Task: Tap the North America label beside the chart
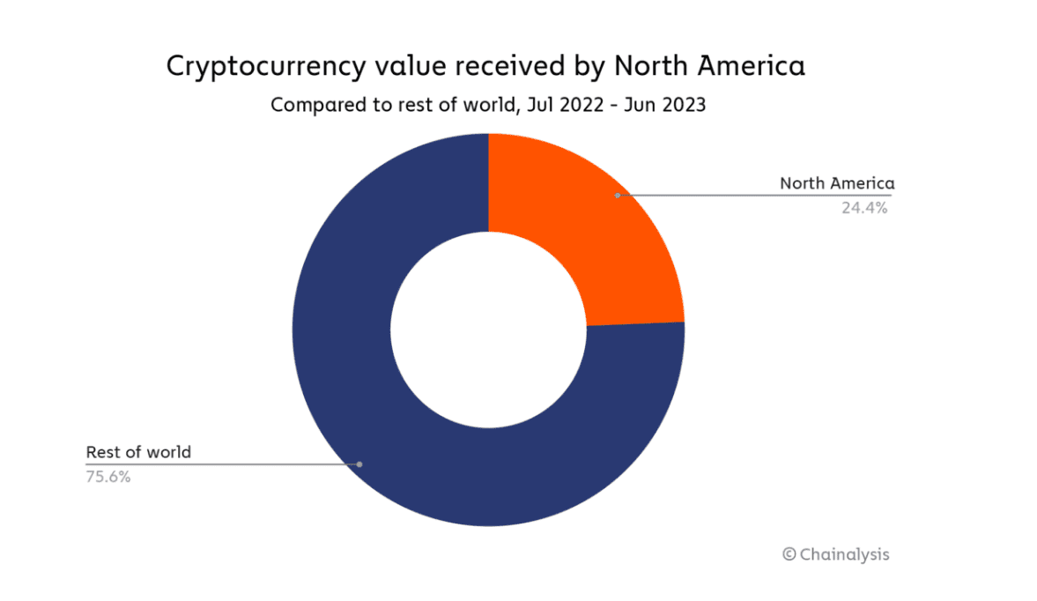coord(836,183)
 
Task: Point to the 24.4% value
coord(863,209)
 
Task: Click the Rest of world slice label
coord(138,452)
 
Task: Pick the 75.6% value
coord(108,478)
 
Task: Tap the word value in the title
coord(417,67)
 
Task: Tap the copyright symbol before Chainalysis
coord(789,554)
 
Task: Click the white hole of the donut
coord(488,330)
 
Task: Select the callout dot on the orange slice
coord(618,195)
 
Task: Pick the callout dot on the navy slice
coord(359,464)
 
